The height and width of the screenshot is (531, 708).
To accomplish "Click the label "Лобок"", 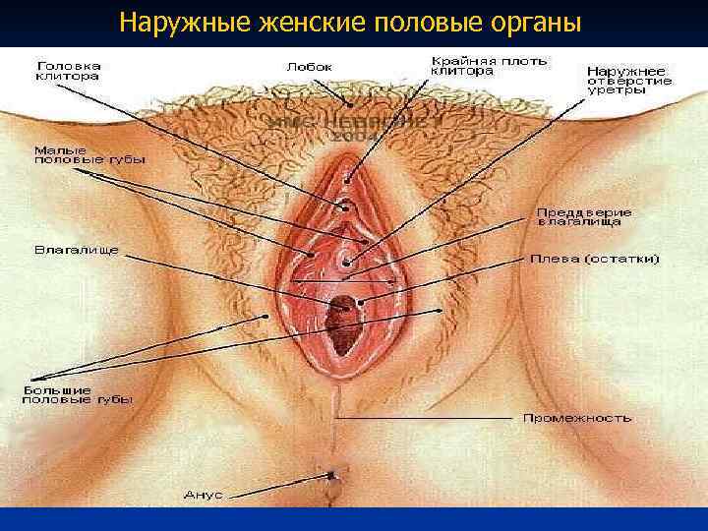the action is [x=309, y=67].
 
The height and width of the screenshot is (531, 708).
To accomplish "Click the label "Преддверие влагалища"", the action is [x=583, y=217].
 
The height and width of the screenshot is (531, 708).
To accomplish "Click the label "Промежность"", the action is [x=576, y=417].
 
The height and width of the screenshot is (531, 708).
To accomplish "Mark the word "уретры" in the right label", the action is [x=618, y=89].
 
